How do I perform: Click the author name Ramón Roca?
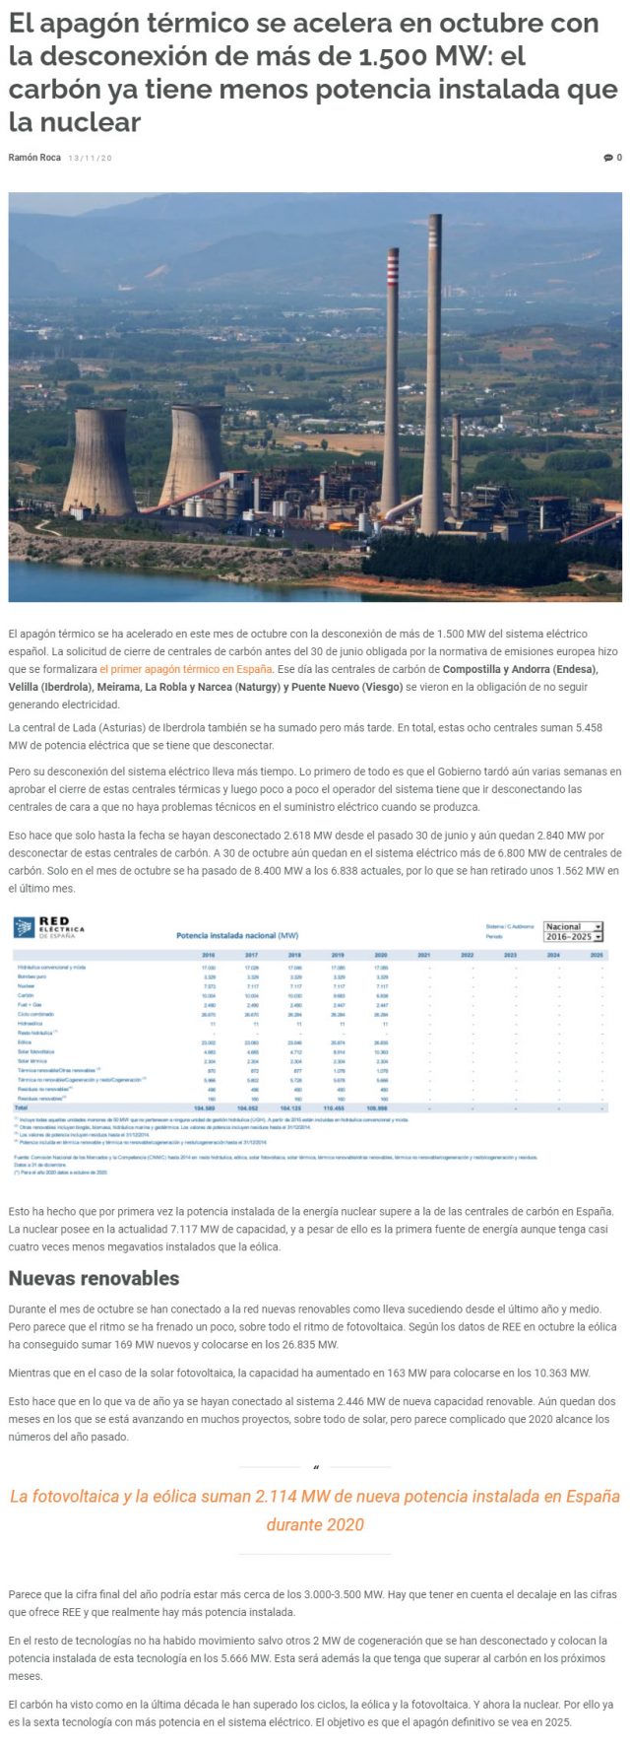34,158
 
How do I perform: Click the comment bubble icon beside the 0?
607,158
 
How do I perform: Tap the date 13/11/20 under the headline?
91,158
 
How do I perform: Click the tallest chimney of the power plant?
432,374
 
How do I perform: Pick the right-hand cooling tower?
192,453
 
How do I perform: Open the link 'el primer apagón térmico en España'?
186,669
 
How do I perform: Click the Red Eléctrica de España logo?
49,928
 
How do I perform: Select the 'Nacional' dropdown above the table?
573,926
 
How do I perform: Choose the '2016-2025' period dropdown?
573,937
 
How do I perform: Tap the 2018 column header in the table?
294,955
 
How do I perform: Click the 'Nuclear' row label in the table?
27,985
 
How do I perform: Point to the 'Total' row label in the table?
23,1108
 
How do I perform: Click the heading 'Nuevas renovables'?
94,1278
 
